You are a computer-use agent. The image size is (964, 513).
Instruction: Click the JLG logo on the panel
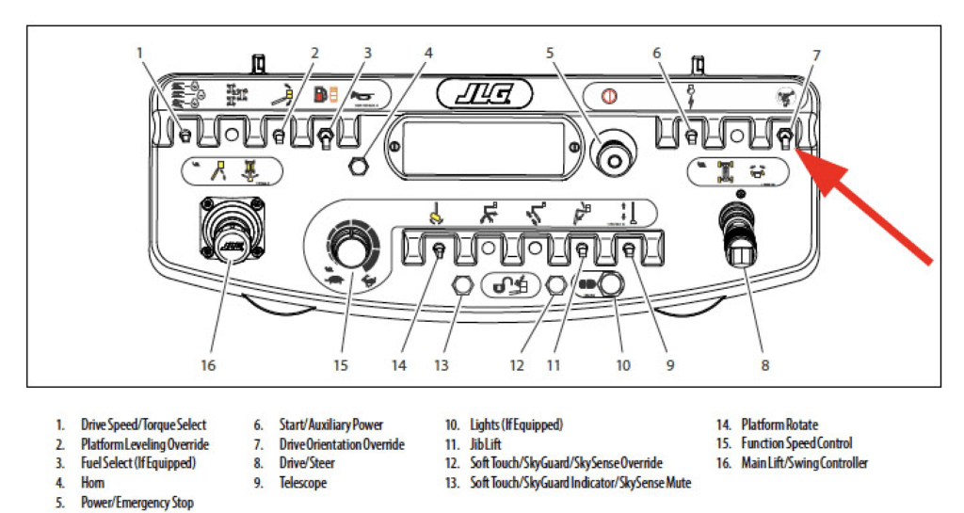tap(485, 95)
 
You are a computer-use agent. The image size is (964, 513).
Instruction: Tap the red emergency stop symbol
tap(609, 96)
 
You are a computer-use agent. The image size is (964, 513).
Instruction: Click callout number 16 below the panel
tap(208, 365)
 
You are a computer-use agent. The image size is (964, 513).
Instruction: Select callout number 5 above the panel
tap(550, 54)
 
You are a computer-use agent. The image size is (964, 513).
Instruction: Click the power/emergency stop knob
tap(613, 156)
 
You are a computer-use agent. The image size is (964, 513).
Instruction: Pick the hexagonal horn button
tap(355, 166)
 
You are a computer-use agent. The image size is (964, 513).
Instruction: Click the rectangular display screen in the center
tap(483, 148)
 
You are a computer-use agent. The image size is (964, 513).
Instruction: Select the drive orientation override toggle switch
tap(785, 139)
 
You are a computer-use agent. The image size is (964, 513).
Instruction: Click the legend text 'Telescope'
tap(303, 483)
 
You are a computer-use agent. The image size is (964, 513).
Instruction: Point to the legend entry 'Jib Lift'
tap(486, 444)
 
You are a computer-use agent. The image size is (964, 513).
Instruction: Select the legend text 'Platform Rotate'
tap(779, 425)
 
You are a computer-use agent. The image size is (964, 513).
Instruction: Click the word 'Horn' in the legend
tap(93, 483)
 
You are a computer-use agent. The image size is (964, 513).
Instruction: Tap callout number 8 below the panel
tap(764, 365)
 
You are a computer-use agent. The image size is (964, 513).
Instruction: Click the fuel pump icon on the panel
tap(320, 95)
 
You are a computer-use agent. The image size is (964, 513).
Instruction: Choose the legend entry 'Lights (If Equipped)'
tap(517, 425)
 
